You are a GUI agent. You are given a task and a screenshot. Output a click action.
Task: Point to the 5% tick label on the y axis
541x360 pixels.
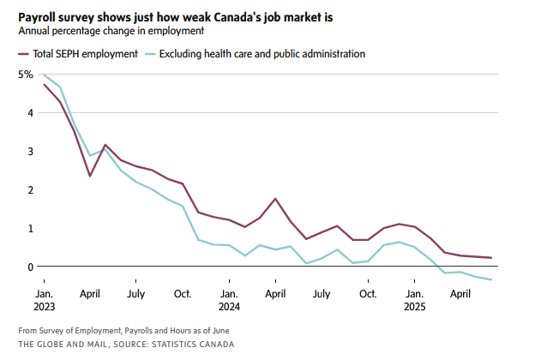tap(26, 75)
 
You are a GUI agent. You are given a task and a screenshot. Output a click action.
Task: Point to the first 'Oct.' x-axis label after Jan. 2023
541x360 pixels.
tap(183, 292)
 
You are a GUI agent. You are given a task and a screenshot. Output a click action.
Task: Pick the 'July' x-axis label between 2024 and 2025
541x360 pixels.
tap(322, 292)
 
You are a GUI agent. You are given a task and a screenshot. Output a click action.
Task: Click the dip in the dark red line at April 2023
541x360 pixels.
tap(90, 176)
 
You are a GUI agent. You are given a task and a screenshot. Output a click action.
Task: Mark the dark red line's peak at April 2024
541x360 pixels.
tap(275, 199)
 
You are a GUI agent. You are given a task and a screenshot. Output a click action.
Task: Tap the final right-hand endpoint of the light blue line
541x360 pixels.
tap(491, 279)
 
